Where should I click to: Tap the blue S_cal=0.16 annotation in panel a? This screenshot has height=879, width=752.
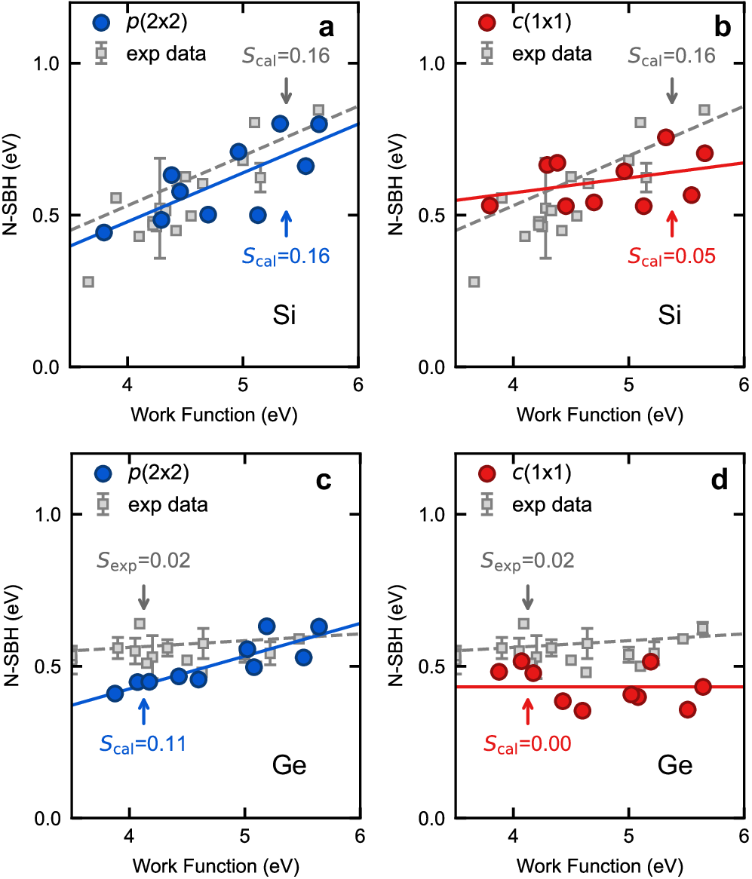[286, 256]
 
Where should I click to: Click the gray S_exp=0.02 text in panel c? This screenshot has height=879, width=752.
[143, 560]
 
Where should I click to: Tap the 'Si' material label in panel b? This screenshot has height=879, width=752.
[668, 315]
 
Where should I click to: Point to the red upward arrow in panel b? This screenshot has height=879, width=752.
[672, 224]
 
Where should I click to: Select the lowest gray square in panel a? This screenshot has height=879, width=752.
[88, 281]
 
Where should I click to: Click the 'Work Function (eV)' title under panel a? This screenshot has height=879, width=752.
[213, 415]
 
